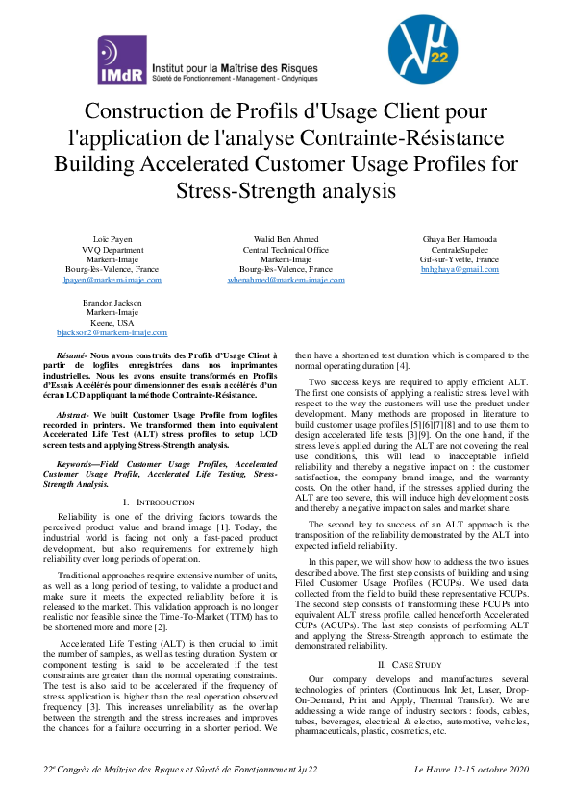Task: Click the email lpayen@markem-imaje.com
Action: (x=112, y=280)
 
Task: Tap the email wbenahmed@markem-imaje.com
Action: (x=286, y=280)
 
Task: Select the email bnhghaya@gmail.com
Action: (x=460, y=270)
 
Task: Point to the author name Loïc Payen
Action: (x=112, y=237)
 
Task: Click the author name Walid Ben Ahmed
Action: (x=286, y=237)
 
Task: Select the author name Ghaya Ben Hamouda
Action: (x=460, y=237)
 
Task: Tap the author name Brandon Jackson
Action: (x=112, y=302)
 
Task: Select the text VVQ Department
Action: (x=112, y=248)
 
